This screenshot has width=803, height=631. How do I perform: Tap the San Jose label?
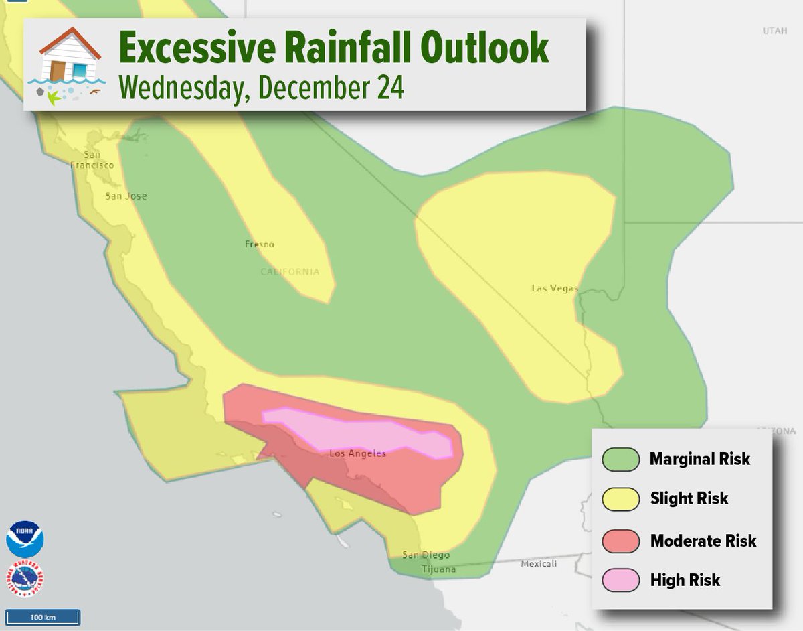tap(126, 196)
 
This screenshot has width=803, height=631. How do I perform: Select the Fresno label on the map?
tap(260, 244)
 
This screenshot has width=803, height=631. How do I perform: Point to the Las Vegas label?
tap(554, 289)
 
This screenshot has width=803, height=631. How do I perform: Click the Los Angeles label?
tap(357, 454)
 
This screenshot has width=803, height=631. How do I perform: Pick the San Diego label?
tap(426, 555)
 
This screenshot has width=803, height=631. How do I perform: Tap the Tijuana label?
tap(438, 570)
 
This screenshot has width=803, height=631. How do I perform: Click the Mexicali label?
tap(539, 564)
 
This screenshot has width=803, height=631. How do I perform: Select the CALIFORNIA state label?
tap(290, 272)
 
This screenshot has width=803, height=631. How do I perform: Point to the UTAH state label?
tap(775, 31)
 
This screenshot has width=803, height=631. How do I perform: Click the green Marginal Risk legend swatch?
tap(622, 459)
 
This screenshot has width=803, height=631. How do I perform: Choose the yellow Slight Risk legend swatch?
tap(622, 499)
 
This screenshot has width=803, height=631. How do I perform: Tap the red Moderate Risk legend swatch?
tap(622, 541)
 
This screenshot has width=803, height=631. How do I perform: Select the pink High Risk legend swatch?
tap(622, 581)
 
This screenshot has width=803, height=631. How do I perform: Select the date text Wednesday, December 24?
tap(261, 88)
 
